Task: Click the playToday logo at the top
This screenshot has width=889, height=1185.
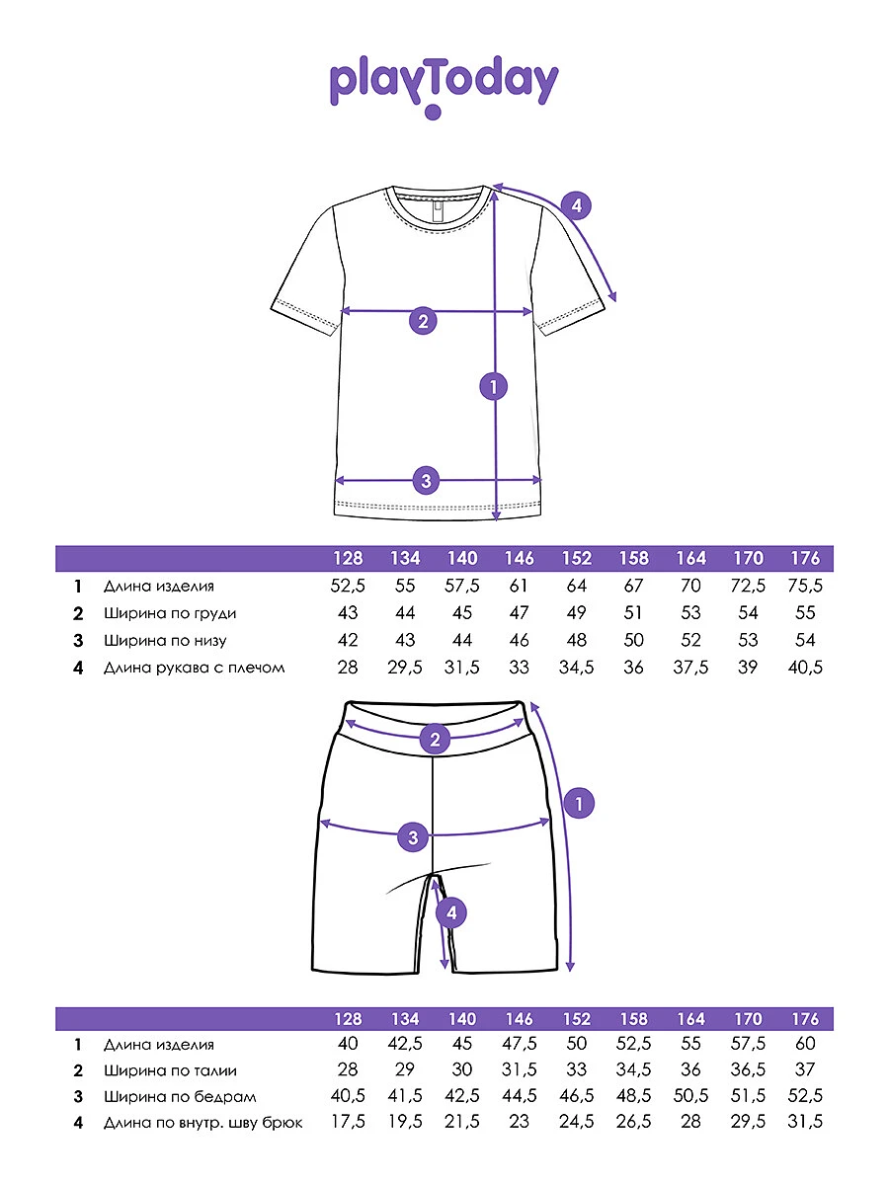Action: coord(444,86)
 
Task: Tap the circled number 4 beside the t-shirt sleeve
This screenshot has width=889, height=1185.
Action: coord(576,205)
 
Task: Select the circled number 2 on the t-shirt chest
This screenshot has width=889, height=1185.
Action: coord(423,321)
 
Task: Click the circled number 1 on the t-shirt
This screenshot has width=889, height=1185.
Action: coord(493,386)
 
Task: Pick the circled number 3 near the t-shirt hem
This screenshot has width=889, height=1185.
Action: coord(426,480)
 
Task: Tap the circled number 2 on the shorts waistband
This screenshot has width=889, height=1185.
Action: coord(435,739)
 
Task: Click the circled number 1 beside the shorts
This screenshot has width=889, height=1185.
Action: coord(579,803)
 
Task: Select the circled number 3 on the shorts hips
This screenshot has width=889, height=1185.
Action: coord(413,837)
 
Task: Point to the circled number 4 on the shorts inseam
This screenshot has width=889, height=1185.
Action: coord(450,912)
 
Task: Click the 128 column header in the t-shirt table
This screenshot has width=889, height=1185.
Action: coord(348,558)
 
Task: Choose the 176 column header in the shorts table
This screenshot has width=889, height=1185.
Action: coord(805,1019)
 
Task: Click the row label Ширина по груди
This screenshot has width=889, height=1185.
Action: coord(170,613)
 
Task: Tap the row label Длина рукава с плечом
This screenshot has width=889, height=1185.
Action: coord(195,668)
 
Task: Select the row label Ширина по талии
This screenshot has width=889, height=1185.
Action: coord(170,1070)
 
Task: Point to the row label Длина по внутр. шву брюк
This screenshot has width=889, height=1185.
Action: coord(202,1123)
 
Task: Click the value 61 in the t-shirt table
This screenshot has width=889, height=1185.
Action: coord(519,586)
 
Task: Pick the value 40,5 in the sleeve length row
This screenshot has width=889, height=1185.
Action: coord(805,668)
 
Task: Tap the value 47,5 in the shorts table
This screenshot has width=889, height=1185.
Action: coord(520,1044)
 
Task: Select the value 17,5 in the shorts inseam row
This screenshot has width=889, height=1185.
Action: coord(348,1122)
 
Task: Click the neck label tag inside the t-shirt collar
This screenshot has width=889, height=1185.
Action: coord(437,211)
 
